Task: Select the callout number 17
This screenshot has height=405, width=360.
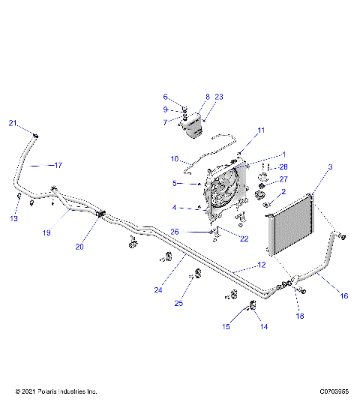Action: pos(58,164)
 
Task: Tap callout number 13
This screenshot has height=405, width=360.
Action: pos(13,218)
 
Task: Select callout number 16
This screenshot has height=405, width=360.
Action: pos(344,295)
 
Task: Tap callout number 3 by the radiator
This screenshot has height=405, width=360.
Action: pos(330,166)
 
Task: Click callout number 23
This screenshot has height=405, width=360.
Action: pos(219,97)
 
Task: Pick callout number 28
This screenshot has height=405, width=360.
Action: pos(284,166)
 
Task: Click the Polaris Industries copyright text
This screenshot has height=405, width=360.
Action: pos(56,391)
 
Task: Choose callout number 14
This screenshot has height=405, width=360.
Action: pos(263,326)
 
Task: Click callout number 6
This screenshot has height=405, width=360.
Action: pos(165,97)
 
